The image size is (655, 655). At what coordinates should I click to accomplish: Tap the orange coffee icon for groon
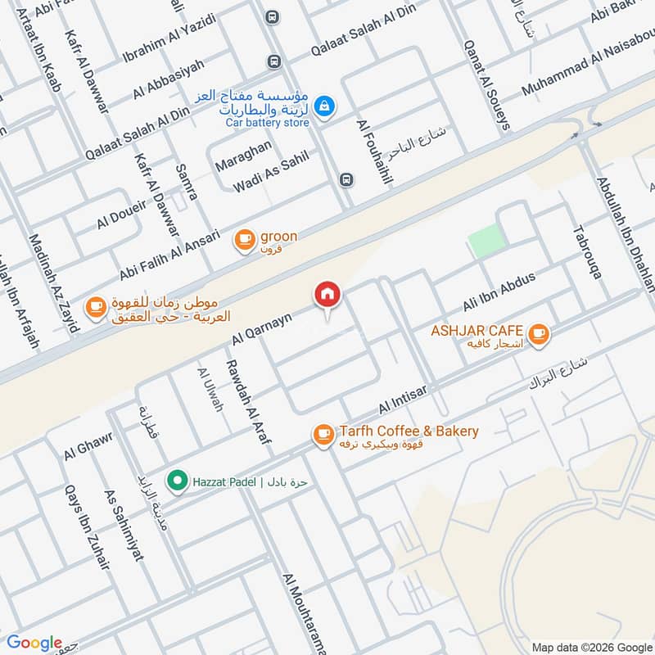coord(244,238)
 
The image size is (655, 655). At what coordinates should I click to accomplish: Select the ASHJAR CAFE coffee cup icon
coord(538,332)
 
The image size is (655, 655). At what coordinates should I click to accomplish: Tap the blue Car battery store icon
coord(325,106)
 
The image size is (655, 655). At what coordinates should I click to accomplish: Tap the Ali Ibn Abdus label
coord(499,291)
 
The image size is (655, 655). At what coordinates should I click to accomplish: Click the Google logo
coord(34,643)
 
